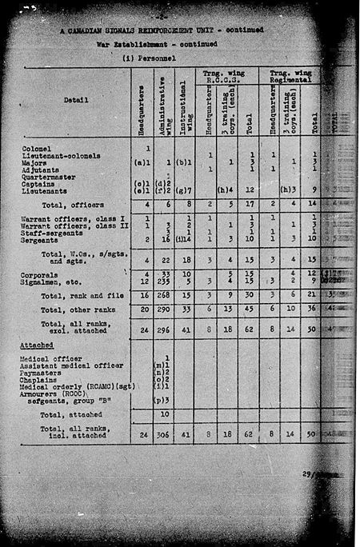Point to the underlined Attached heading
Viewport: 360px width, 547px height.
pos(37,346)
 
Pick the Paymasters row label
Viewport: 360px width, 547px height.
pos(43,373)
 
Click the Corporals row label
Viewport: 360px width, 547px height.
pos(41,273)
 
